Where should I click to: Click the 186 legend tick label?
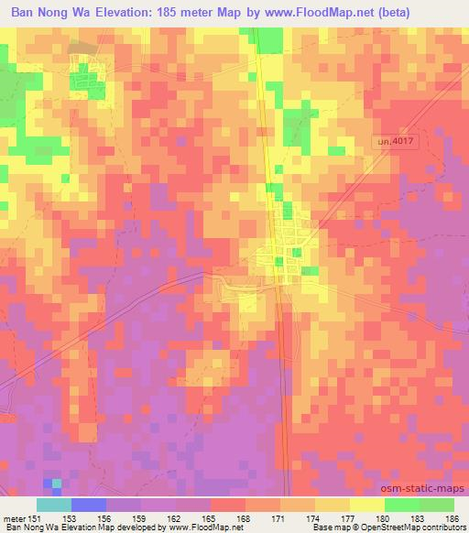[x=453, y=517]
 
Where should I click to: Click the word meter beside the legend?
[x=11, y=517]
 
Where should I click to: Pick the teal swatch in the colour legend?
[x=54, y=505]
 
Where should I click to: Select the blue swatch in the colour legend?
[x=89, y=505]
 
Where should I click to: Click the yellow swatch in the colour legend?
[x=367, y=505]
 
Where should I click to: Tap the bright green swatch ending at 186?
[x=437, y=505]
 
